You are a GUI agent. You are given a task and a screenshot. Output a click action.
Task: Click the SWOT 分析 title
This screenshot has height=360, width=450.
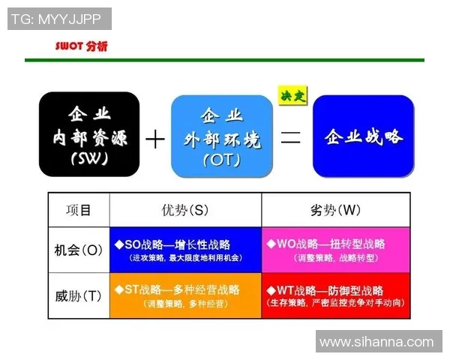coord(82,46)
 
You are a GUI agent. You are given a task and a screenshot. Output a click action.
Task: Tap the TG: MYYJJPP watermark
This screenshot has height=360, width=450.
coord(59,19)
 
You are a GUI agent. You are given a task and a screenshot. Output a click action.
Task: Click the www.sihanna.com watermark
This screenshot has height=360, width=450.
coord(376,342)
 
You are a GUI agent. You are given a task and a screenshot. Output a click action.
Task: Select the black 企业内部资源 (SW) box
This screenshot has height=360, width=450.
coord(89,135)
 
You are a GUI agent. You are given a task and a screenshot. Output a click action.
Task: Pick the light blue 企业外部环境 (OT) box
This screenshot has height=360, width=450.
coord(222,136)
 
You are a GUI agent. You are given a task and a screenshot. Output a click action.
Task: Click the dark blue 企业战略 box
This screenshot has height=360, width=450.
coord(363,136)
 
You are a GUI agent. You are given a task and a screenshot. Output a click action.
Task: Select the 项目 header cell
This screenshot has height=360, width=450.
coord(79,210)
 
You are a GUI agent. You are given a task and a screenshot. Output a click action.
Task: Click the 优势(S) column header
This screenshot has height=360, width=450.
coord(185,210)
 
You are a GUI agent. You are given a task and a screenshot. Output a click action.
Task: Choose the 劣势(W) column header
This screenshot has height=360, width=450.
coord(336,210)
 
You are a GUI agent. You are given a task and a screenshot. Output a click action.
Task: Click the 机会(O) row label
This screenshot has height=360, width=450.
coord(79,249)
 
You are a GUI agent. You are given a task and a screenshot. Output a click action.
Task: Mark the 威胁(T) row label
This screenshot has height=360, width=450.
coord(79,295)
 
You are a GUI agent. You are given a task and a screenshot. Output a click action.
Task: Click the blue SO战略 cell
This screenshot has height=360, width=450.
coord(185,250)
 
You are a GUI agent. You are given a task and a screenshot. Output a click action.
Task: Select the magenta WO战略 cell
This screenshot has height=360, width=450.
coord(336,250)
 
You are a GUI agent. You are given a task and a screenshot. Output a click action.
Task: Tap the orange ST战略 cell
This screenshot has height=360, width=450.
coord(185,295)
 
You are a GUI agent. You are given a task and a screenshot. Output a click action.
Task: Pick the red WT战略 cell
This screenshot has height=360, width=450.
coord(336,295)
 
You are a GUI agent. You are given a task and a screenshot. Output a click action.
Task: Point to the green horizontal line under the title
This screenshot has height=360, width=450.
coord(224,60)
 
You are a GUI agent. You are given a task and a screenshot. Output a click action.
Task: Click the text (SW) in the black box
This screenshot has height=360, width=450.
coord(89,159)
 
